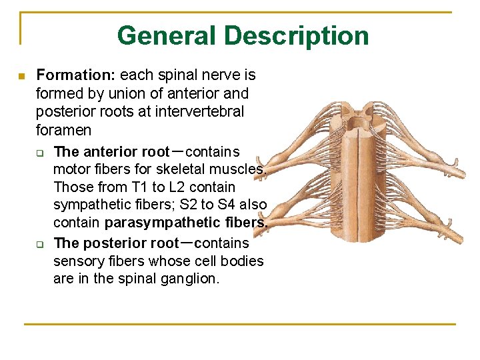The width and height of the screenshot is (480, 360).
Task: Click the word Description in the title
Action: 296,35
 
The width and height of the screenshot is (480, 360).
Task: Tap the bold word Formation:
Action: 75,75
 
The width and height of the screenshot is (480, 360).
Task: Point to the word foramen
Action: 64,129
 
